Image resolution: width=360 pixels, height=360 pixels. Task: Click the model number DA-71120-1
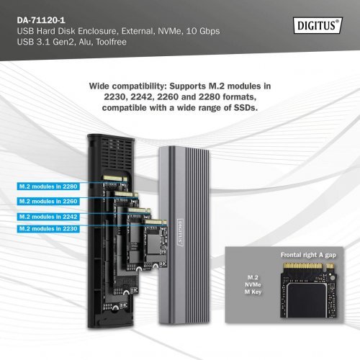tap(38, 9)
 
